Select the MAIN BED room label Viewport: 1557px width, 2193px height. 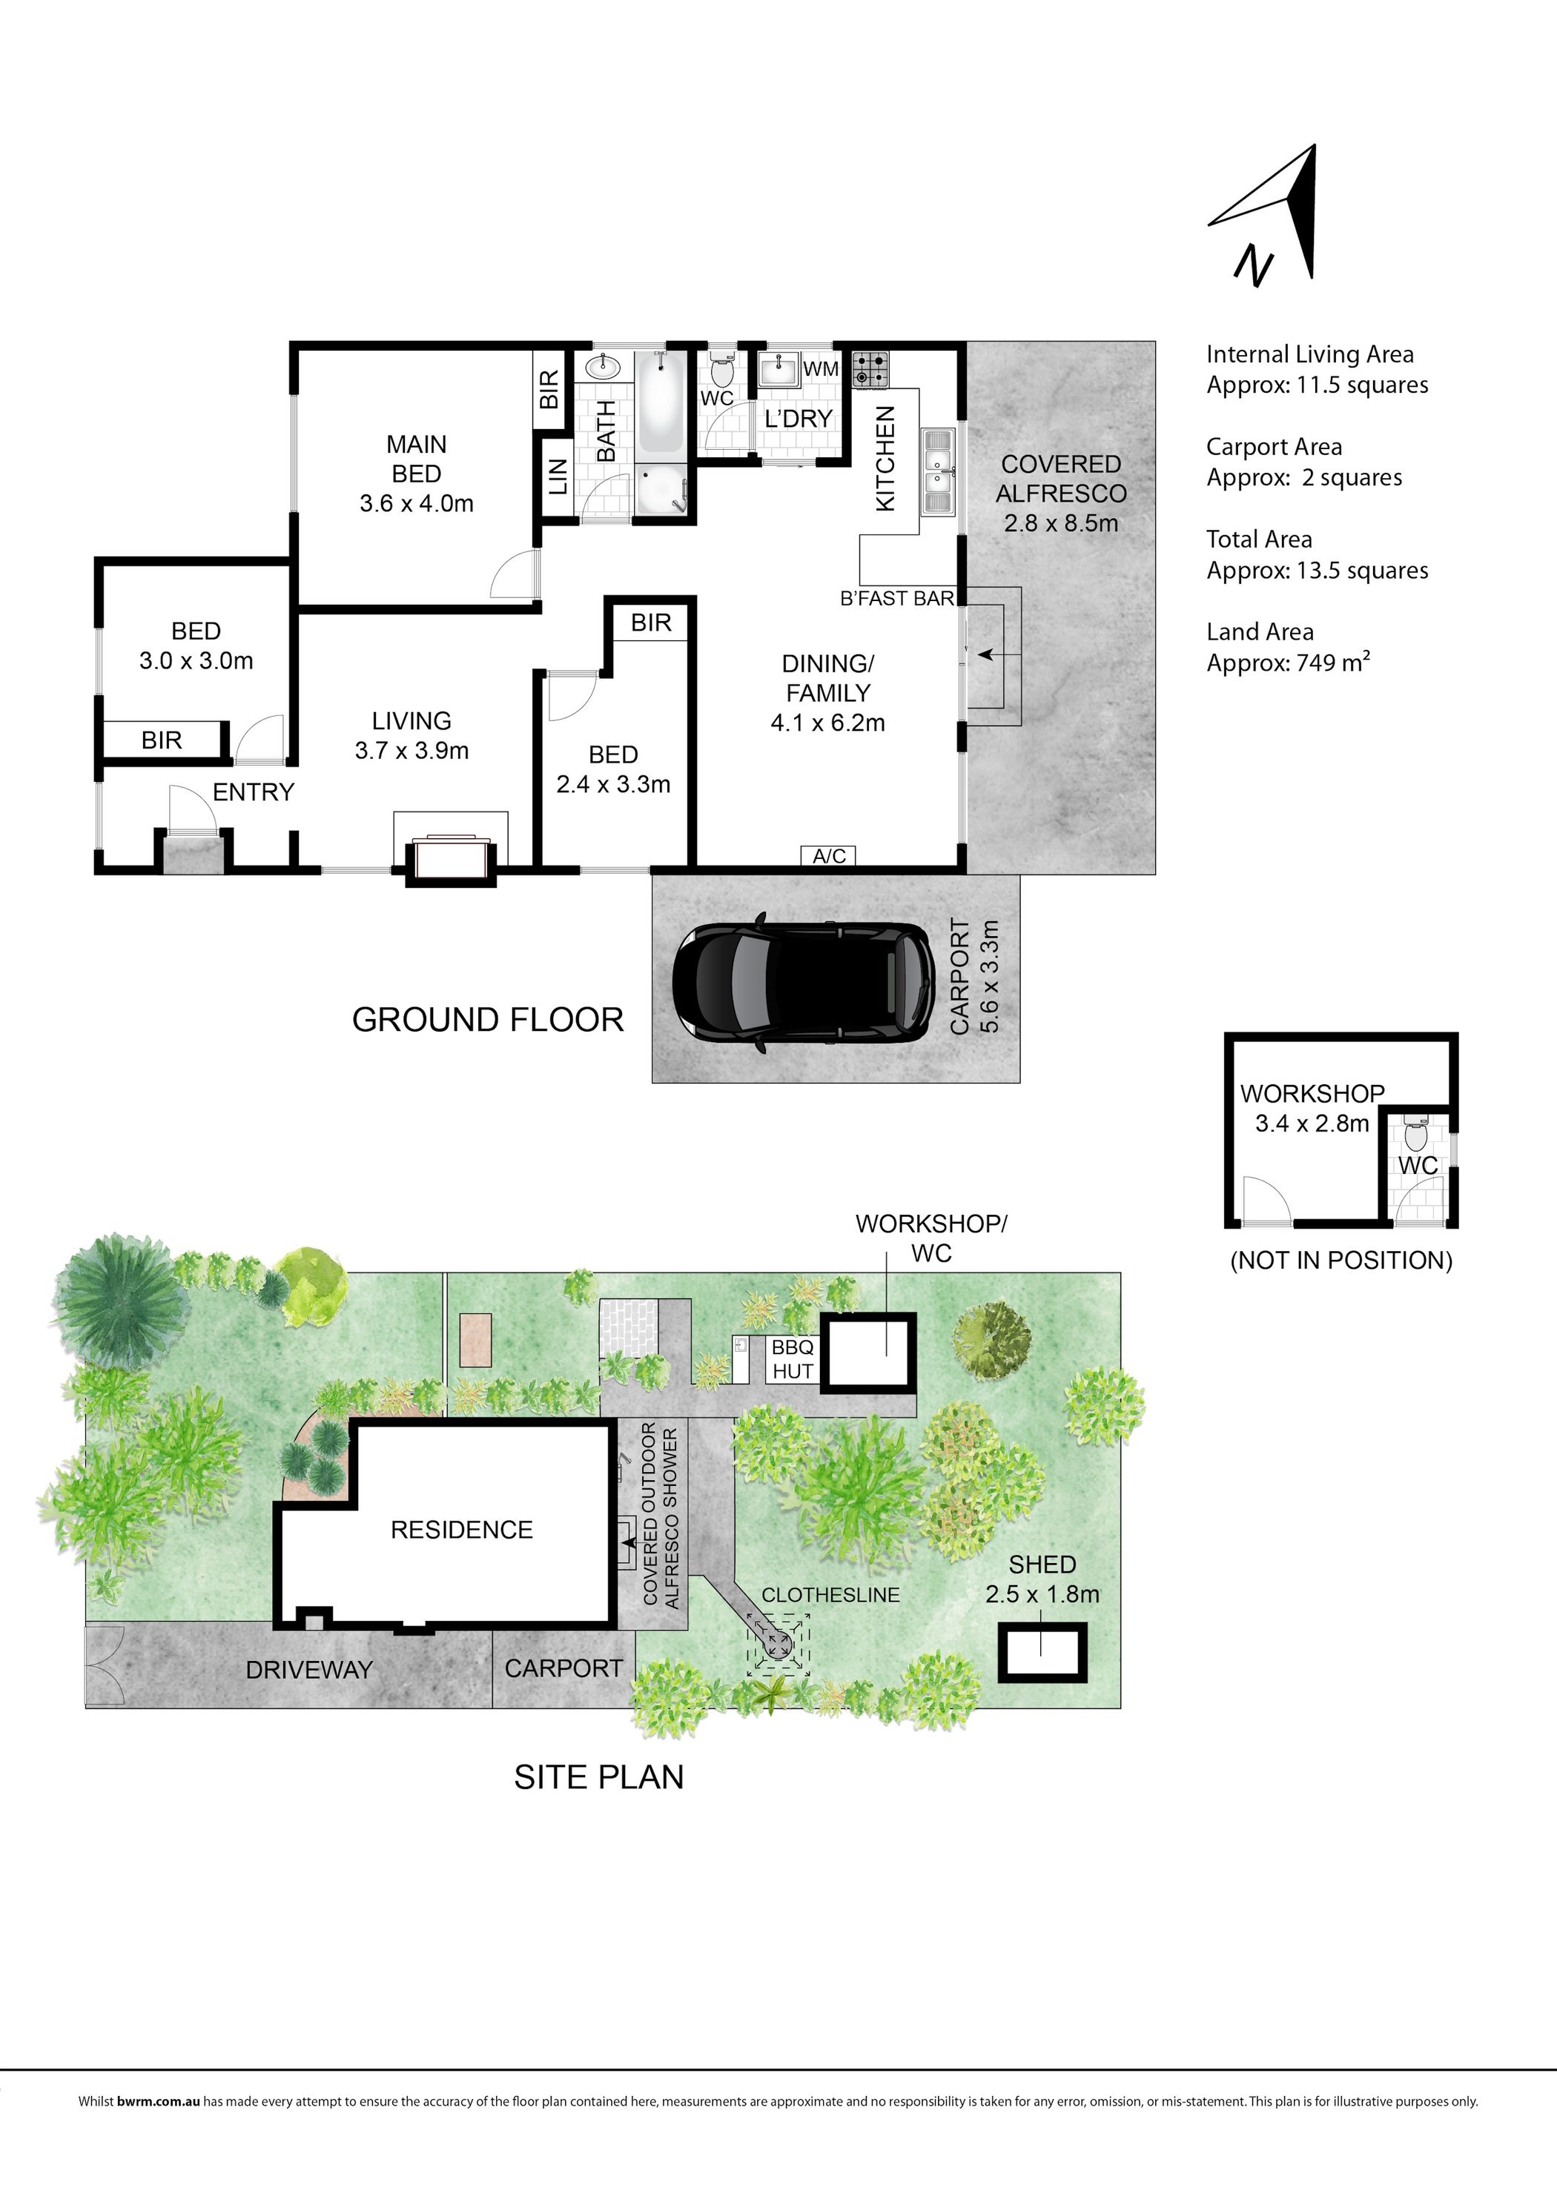coord(416,459)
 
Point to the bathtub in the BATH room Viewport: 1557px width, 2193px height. coord(660,402)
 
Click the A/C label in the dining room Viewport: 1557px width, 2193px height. coord(830,856)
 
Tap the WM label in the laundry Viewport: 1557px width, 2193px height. coord(821,369)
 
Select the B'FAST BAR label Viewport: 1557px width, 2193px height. coord(897,599)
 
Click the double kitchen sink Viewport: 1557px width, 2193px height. coord(936,473)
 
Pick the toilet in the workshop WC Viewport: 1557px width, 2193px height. coord(1415,1137)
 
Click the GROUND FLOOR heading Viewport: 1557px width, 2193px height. coord(488,1020)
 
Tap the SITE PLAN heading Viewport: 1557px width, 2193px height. coord(599,1777)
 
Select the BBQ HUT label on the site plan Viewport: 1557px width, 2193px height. coord(793,1359)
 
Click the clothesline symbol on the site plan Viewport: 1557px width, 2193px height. coord(778,1643)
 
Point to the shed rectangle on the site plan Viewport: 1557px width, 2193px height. coord(1043,1651)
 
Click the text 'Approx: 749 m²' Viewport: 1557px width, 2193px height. coord(1289,663)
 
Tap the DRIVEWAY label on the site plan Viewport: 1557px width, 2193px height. coord(308,1670)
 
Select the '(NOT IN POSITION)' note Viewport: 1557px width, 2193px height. coord(1341,1261)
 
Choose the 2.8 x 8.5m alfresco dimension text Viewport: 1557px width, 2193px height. coord(1061,523)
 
